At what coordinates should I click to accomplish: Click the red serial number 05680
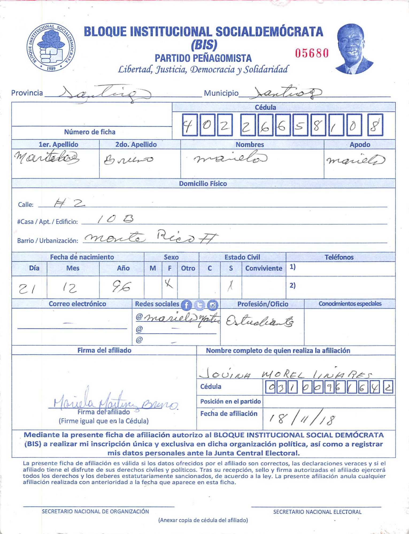tap(312, 53)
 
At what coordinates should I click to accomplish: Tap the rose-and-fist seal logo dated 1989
tap(51, 47)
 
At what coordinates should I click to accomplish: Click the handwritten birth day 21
tap(26, 289)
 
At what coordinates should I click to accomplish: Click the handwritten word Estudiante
tap(260, 322)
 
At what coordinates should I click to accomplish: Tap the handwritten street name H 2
tap(70, 204)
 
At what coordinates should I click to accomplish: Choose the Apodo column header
tap(360, 144)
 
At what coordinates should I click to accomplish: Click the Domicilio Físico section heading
tap(203, 184)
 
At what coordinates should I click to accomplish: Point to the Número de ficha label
tap(90, 132)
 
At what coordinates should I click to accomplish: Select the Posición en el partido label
tap(230, 401)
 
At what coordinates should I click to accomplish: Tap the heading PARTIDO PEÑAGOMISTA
tap(203, 58)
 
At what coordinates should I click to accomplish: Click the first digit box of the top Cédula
tap(190, 125)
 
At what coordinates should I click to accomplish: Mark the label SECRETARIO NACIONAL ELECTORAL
tap(317, 512)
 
